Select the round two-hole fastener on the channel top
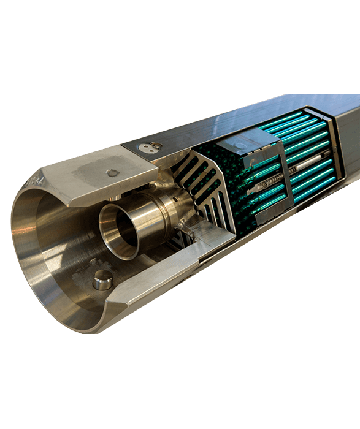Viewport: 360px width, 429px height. point(150,146)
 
